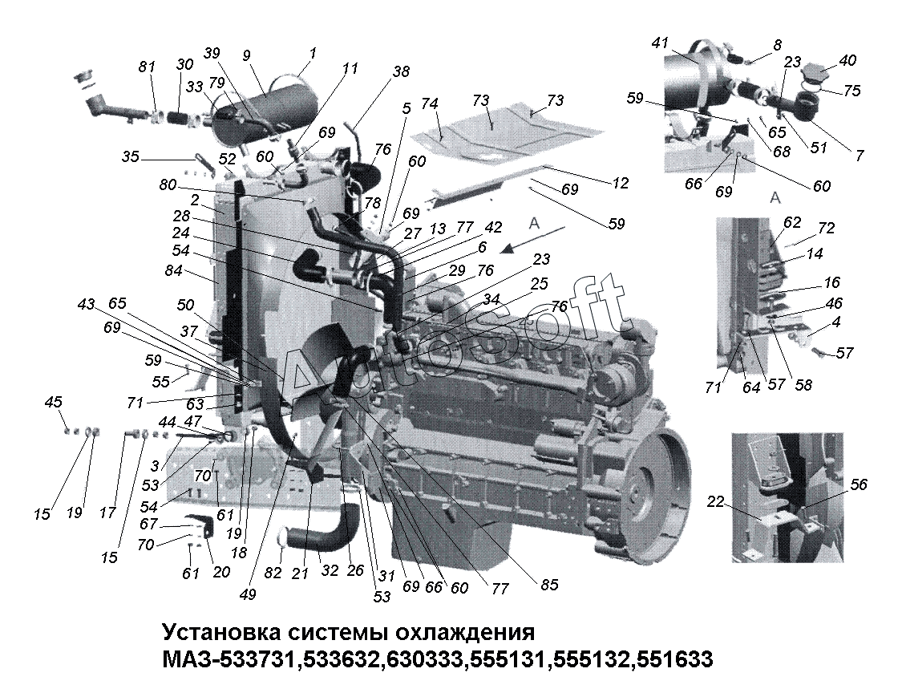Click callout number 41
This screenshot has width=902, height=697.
pyautogui.click(x=661, y=43)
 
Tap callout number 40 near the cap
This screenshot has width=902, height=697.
pyautogui.click(x=848, y=60)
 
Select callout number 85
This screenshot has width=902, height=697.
pyautogui.click(x=549, y=585)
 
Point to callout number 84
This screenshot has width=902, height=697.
pyautogui.click(x=173, y=270)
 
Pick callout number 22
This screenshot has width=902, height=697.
pyautogui.click(x=715, y=501)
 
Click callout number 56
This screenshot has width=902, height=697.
pyautogui.click(x=858, y=484)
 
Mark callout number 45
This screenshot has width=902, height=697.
pyautogui.click(x=54, y=402)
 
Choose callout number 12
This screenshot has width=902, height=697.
pyautogui.click(x=620, y=182)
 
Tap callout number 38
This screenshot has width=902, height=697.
pyautogui.click(x=401, y=71)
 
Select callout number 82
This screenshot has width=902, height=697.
pyautogui.click(x=273, y=573)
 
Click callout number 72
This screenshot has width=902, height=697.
pyautogui.click(x=826, y=228)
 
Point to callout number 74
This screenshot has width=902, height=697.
pyautogui.click(x=429, y=103)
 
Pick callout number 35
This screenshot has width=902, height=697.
pyautogui.click(x=131, y=156)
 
